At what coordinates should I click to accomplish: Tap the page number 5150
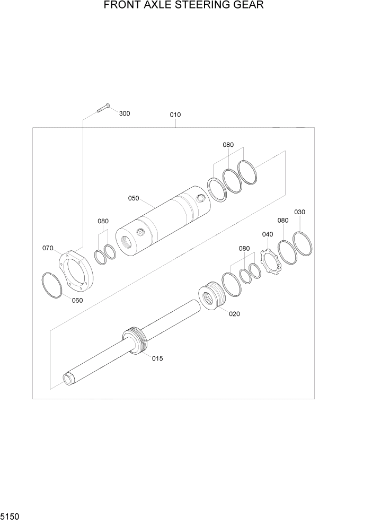pos(12,516)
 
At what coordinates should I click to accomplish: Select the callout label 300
pos(125,113)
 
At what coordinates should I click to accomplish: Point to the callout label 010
pos(175,115)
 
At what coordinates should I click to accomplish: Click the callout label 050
pos(133,198)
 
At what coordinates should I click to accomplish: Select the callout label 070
pos(48,248)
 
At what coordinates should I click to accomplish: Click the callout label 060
pos(77,300)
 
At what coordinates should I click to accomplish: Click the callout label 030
pos(300,212)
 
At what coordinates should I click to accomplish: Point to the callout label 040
pos(268,234)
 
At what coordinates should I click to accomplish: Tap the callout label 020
pos(234,314)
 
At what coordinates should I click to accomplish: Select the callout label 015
pos(157,358)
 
